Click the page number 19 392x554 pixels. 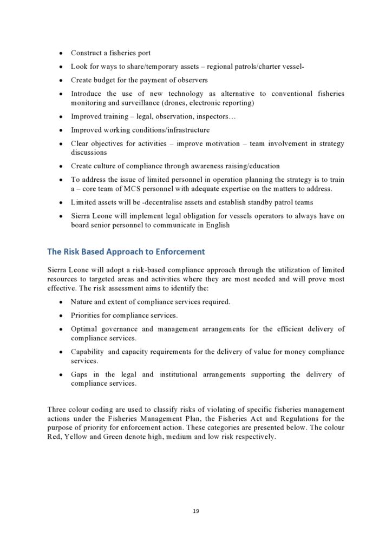pos(196,510)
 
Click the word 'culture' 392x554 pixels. pos(106,166)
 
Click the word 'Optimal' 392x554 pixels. pos(84,329)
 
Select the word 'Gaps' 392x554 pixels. pos(79,374)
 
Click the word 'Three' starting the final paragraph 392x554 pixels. pos(57,410)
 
